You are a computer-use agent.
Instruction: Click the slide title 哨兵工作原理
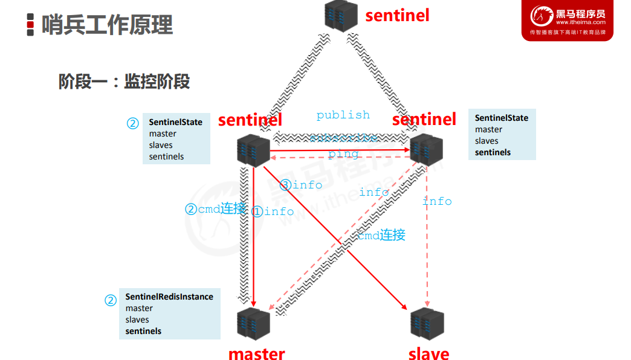[107, 25]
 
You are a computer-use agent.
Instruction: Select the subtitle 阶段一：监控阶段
[124, 82]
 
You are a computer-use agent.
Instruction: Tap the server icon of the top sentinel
[341, 14]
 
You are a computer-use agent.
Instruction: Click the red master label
[256, 353]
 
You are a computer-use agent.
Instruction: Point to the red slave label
[429, 353]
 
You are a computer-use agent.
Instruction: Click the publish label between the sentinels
[343, 115]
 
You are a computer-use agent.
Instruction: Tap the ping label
[343, 153]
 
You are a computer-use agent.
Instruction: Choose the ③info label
[301, 185]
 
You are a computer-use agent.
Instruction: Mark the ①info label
[273, 211]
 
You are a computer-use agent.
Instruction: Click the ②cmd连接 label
[215, 209]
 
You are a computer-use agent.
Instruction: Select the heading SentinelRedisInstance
[169, 297]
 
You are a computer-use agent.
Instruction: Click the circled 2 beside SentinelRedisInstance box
[111, 300]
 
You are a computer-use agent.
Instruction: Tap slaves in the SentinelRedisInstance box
[137, 320]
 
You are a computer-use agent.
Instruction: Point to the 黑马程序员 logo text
[580, 14]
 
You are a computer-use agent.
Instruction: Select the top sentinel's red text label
[397, 15]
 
